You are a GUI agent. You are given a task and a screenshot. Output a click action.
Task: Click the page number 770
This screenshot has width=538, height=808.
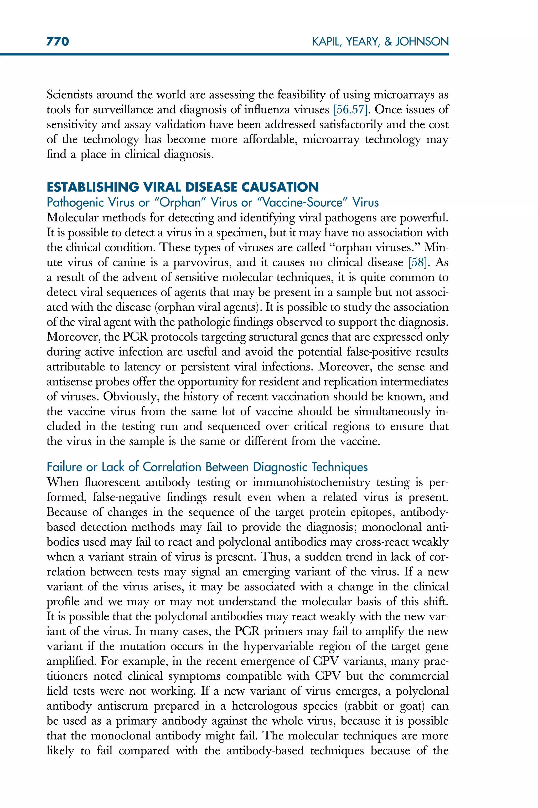58,42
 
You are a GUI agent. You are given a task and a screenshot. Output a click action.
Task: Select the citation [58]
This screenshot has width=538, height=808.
418,262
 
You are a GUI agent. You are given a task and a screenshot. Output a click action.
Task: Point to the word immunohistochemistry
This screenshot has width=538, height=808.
312,482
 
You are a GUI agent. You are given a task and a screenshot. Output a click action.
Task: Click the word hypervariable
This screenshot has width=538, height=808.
278,646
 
